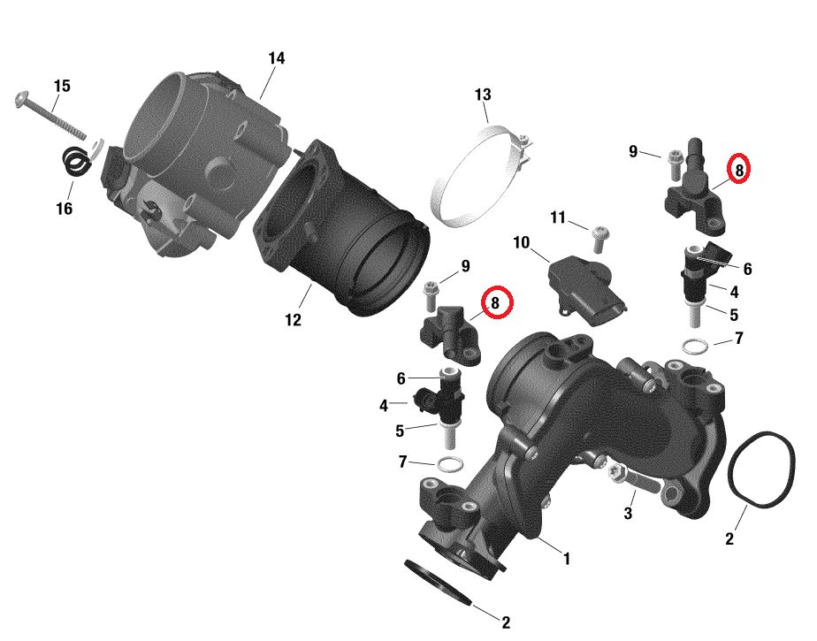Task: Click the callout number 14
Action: tap(277, 58)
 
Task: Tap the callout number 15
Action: tap(62, 86)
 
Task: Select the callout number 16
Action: tap(64, 209)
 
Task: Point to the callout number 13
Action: tap(483, 95)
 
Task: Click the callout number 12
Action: tap(294, 319)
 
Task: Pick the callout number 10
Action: tap(521, 242)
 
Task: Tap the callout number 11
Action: tap(558, 217)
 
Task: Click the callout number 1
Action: tap(567, 559)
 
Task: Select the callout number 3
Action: tap(628, 513)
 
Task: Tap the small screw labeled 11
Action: tap(597, 238)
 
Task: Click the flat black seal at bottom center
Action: tap(439, 582)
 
